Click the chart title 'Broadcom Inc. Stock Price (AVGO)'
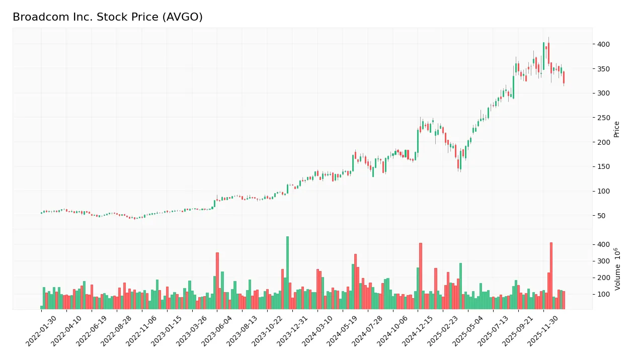[x=108, y=17]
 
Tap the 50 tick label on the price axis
[x=601, y=216]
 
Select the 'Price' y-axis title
[x=617, y=129]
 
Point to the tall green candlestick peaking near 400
[x=543, y=56]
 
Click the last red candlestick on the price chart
[x=564, y=77]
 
